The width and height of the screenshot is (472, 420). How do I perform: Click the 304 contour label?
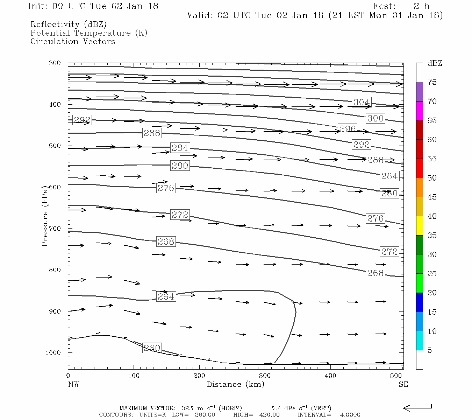(x=361, y=102)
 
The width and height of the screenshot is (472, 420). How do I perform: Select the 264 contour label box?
(x=166, y=296)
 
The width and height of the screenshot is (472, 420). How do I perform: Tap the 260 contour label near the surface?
(x=152, y=348)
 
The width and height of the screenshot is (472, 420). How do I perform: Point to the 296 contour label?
(x=348, y=129)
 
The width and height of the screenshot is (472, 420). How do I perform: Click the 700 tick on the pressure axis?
(x=55, y=229)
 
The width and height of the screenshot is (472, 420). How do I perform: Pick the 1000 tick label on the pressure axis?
(x=53, y=353)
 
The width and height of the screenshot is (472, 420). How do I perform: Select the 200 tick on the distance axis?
(x=199, y=376)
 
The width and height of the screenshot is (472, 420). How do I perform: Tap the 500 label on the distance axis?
(x=396, y=376)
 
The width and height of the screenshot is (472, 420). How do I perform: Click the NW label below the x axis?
(x=73, y=384)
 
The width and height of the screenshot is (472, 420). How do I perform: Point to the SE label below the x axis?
(x=403, y=384)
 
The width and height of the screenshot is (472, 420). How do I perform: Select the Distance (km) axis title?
(x=235, y=384)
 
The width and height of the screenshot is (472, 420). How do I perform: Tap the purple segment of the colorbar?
(x=419, y=92)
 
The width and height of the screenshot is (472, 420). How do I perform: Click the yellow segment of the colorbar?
(x=419, y=226)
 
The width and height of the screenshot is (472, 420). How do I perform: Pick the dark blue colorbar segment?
(x=419, y=302)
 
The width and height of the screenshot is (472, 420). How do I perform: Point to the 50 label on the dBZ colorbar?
(x=432, y=178)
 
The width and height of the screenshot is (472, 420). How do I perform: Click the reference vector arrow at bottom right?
(x=417, y=407)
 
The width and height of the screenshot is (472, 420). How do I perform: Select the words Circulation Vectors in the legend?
(x=73, y=41)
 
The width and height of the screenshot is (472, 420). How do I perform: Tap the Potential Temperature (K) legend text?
(x=89, y=33)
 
